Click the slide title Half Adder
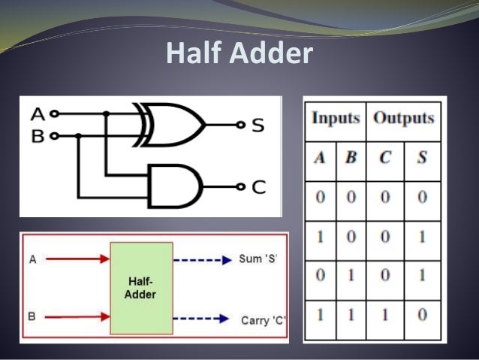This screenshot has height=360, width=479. pos(239,53)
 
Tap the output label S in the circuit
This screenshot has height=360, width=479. pos(258,125)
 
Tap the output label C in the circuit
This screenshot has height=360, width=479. pos(258,186)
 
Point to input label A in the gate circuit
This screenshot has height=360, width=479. pos(38,115)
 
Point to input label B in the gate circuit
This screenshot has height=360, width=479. pos(38,135)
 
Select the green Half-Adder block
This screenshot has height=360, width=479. pos(140,288)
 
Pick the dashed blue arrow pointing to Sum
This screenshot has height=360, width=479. pos(203,260)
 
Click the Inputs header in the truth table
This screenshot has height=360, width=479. pos(336,119)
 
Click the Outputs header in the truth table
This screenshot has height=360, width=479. pos(404,119)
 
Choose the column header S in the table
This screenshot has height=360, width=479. pos(421,159)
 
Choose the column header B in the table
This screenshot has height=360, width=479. pos(351,159)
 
